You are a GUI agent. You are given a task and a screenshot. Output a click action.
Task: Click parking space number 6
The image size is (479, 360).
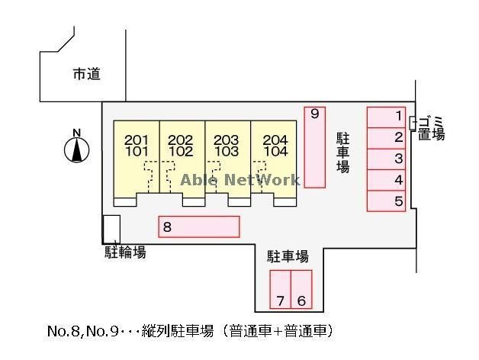tap(302, 289)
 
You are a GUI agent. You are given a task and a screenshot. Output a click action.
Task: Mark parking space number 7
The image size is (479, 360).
tap(281, 289)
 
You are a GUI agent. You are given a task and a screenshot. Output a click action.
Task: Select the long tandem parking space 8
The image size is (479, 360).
tap(199, 227)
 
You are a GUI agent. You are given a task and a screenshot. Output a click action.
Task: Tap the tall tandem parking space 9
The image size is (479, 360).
tap(314, 146)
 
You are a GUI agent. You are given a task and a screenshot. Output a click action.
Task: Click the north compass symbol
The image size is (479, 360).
tap(76, 147)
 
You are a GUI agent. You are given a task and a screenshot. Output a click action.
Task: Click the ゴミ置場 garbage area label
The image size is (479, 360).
tap(432, 128)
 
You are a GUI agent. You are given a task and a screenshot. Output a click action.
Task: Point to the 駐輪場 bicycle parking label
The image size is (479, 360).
tap(125, 252)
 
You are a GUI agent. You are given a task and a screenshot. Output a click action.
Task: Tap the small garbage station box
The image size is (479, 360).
tap(413, 122)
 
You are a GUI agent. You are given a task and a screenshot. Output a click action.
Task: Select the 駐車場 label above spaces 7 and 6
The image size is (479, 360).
tap(288, 256)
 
